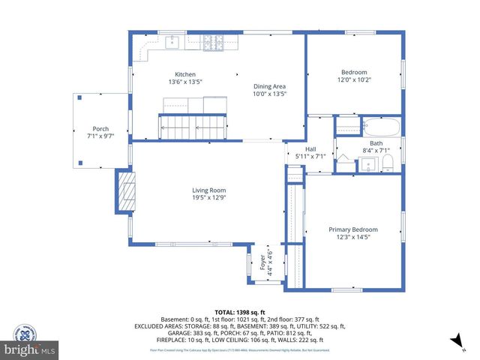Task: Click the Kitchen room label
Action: [185, 74]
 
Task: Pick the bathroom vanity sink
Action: [368, 166]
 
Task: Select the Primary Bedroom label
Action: [352, 229]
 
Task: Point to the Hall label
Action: [310, 148]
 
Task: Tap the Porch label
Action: [100, 128]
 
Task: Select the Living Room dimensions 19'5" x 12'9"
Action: [208, 198]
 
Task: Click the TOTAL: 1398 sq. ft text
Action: [240, 312]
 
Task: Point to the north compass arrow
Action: [454, 341]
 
